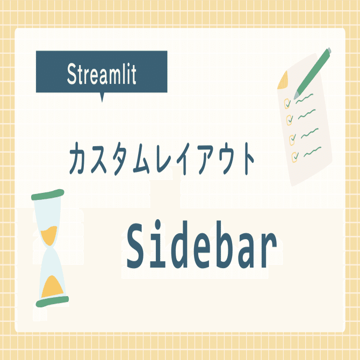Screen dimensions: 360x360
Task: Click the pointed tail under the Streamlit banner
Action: pos(102,97)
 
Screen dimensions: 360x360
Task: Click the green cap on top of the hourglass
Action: pos(48,195)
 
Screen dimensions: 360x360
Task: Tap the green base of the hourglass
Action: pos(52,301)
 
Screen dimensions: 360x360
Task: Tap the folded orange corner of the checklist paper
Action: pos(283,80)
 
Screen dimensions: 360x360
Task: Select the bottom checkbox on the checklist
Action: pos(294,156)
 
